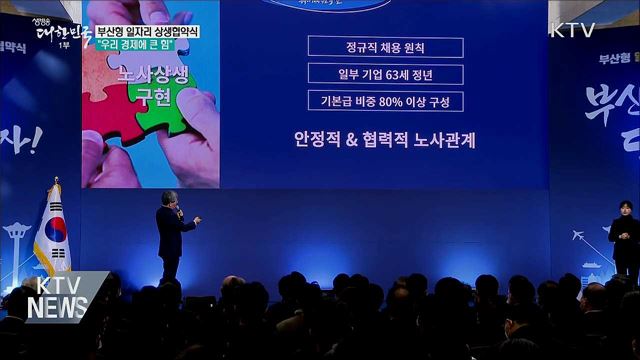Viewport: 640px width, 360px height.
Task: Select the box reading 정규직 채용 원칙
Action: click(385, 47)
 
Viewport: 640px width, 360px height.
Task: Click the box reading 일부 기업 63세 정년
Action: click(385, 74)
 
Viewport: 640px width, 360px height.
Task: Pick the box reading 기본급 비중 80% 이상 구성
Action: click(385, 101)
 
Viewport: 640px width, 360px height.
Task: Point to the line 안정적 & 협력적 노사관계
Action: click(384, 139)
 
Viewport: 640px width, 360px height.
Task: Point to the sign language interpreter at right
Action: click(624, 240)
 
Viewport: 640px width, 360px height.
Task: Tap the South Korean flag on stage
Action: click(52, 236)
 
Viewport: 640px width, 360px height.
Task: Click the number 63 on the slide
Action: click(395, 74)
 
